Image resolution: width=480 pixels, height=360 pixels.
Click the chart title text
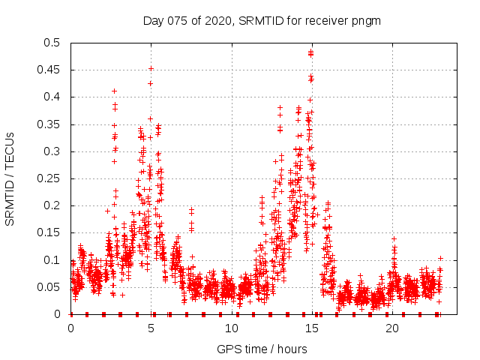(262, 20)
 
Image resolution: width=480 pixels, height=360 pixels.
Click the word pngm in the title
(367, 20)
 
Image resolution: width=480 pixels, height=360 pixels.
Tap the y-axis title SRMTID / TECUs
(10, 178)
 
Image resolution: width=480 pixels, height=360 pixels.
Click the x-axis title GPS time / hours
(262, 349)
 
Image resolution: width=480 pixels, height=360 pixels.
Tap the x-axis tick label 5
(151, 328)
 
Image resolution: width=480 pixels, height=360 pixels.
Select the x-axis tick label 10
(232, 328)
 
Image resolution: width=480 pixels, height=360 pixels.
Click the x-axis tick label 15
(312, 328)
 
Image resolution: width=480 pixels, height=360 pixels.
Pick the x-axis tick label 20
(392, 328)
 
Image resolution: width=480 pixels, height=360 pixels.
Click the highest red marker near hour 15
(310, 51)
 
